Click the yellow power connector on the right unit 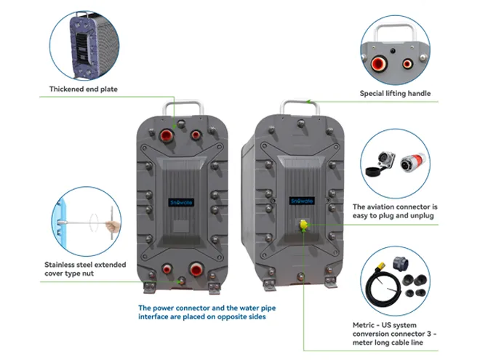tap(299, 225)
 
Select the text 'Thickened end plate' tap(83, 89)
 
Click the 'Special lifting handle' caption tap(395, 93)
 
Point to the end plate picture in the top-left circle tap(81, 40)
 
